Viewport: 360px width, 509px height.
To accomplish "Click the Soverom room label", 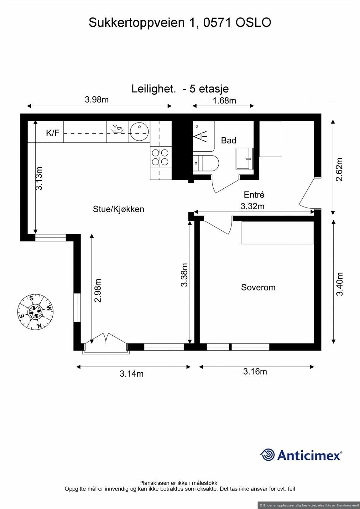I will (x=258, y=287).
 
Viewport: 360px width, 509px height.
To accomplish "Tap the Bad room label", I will (x=229, y=140).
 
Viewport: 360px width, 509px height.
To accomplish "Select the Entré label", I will (x=254, y=195).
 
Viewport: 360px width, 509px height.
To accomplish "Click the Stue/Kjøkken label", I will (x=118, y=209).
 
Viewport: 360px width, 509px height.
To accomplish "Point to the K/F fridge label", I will (x=53, y=133).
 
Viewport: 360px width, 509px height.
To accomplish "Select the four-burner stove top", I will (x=160, y=157).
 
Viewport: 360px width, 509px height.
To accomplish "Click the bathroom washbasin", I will (x=244, y=158).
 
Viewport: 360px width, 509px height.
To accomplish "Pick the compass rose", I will (x=35, y=312).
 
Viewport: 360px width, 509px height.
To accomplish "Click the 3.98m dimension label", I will (x=96, y=100).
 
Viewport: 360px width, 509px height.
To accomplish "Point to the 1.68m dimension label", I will (x=224, y=101).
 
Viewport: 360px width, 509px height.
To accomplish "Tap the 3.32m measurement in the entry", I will (x=252, y=206).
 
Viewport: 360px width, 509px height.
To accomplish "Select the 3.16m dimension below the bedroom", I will (x=255, y=371).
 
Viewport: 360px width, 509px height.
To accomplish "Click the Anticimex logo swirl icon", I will (x=267, y=455).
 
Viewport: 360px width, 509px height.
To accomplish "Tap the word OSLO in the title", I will (x=253, y=23).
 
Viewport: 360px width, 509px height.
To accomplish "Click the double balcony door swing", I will (x=106, y=339).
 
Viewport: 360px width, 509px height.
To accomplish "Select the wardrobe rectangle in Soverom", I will (x=278, y=233).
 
